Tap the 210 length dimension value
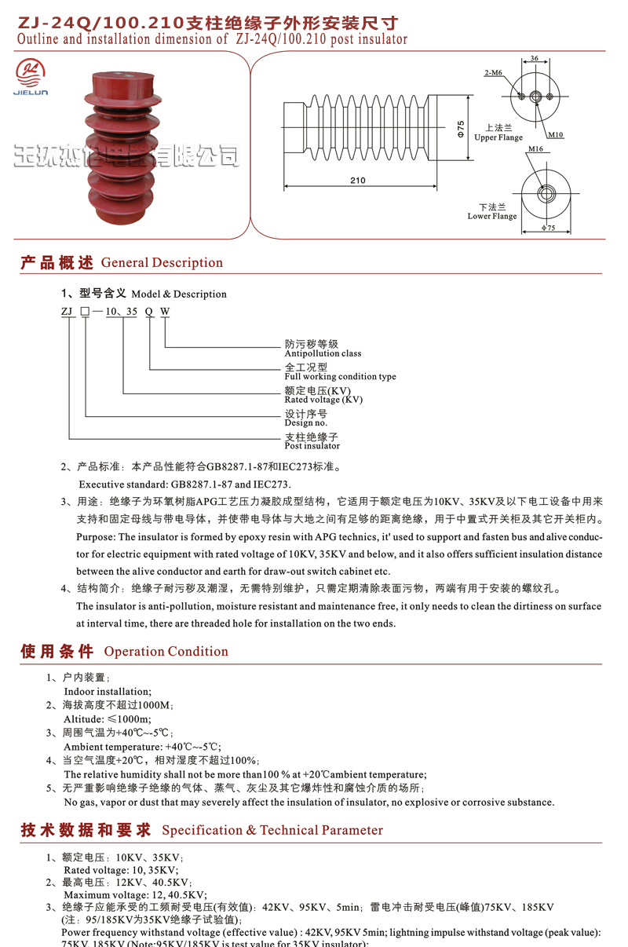point(358,181)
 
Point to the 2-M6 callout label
point(493,73)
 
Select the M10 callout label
point(556,134)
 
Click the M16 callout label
point(535,149)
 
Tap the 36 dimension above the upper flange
point(535,59)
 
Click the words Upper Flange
point(498,137)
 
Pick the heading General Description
point(162,263)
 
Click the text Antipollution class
point(323,353)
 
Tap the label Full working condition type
point(340,376)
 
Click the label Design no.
point(305,422)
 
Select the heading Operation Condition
point(166,652)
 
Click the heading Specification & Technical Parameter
point(272,831)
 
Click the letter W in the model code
point(165,312)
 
